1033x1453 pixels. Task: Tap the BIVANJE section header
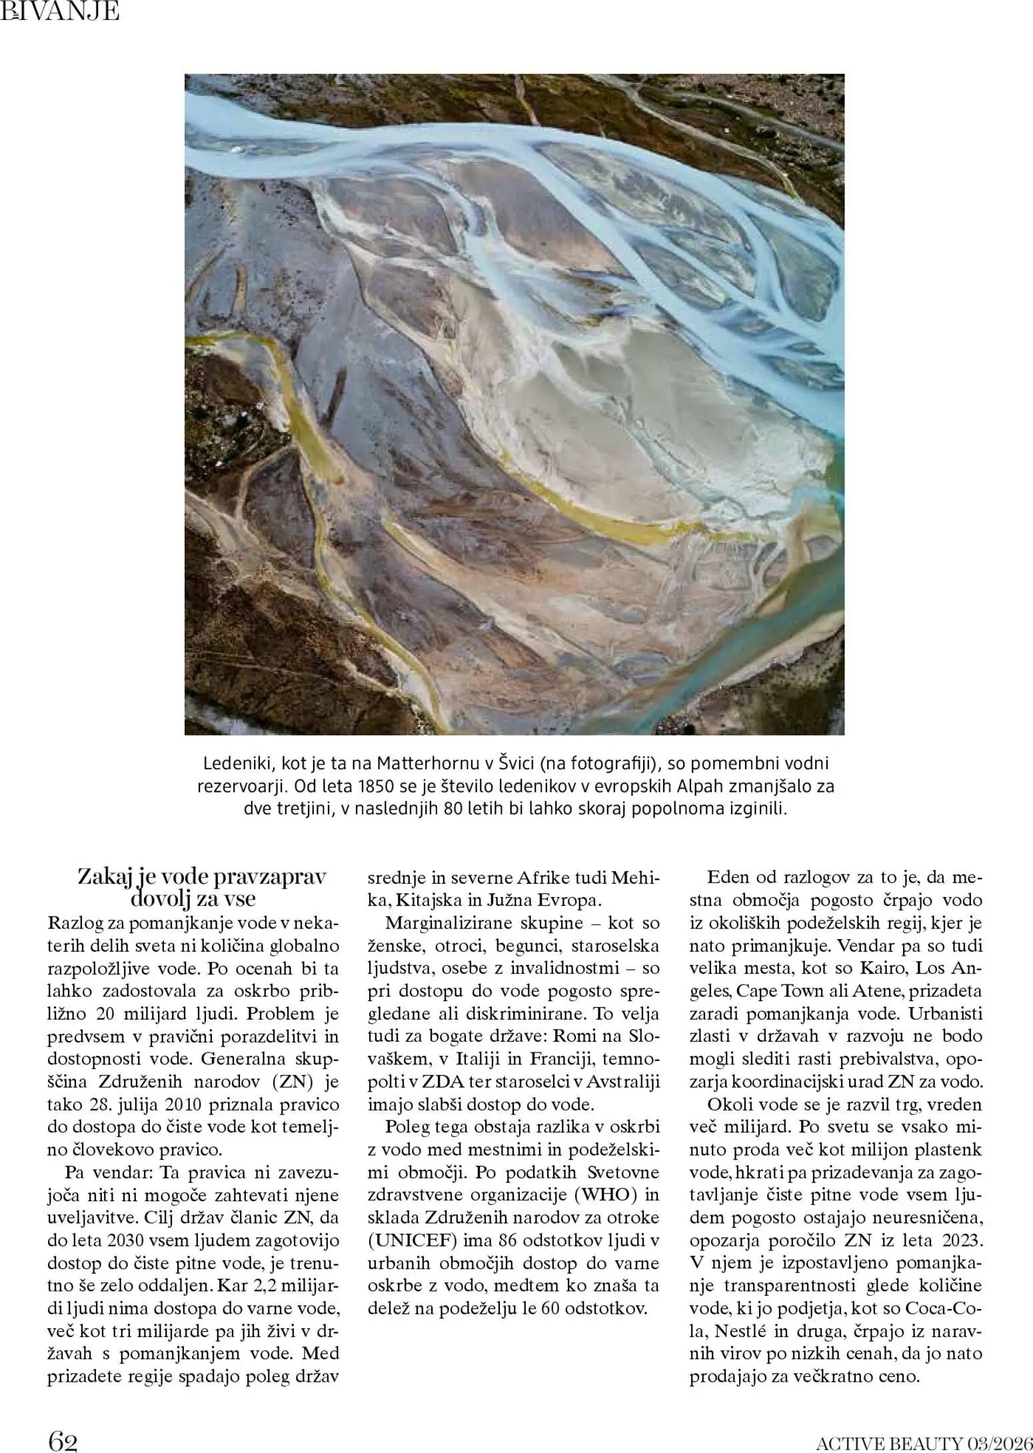60,11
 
